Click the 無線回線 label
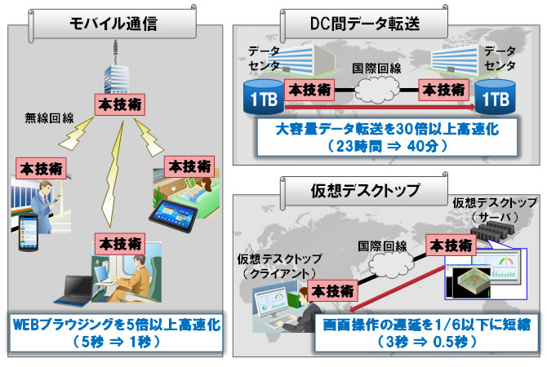pyautogui.click(x=49, y=117)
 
